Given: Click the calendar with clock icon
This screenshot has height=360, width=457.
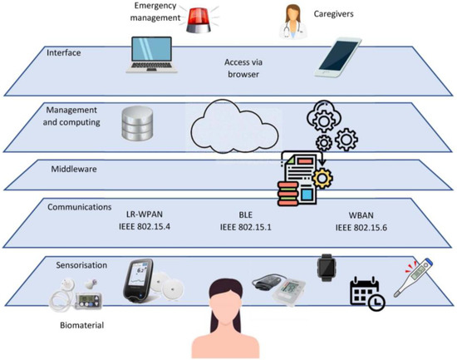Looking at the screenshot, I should pyautogui.click(x=366, y=292).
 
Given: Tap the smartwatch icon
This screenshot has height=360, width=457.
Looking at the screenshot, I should pyautogui.click(x=326, y=266).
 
